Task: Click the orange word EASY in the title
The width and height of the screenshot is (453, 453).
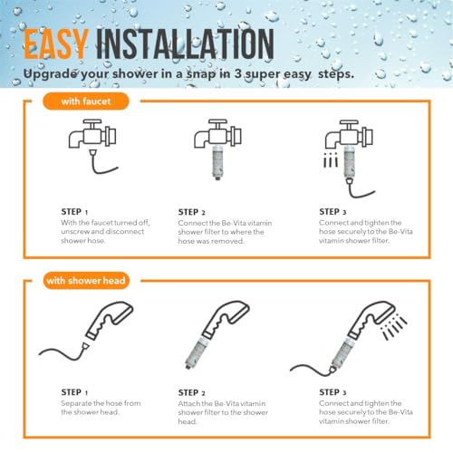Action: pyautogui.click(x=56, y=44)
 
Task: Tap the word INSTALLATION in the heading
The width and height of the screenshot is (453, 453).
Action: pyautogui.click(x=185, y=44)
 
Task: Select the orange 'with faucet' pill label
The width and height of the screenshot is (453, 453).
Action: pyautogui.click(x=86, y=101)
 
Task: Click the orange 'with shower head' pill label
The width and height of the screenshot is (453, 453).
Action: pyautogui.click(x=86, y=281)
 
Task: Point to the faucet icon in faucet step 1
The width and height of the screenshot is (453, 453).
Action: pyautogui.click(x=92, y=134)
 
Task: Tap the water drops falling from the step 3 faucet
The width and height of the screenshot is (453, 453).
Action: pyautogui.click(x=331, y=160)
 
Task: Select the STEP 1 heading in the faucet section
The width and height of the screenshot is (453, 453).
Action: pyautogui.click(x=74, y=212)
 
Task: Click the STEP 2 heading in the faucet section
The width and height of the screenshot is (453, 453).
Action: pyautogui.click(x=192, y=212)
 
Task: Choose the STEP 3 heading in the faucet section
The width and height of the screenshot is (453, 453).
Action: pyautogui.click(x=333, y=212)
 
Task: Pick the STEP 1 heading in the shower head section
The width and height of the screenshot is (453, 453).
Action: pyautogui.click(x=74, y=392)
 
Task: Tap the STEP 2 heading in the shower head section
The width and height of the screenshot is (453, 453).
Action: pyautogui.click(x=192, y=393)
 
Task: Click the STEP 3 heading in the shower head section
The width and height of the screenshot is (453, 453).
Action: pyautogui.click(x=333, y=392)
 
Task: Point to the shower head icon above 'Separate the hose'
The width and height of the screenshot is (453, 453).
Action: pyautogui.click(x=110, y=321)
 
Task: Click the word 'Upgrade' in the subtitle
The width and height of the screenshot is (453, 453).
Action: pyautogui.click(x=50, y=74)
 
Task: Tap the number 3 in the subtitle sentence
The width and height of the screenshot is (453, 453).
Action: pyautogui.click(x=238, y=73)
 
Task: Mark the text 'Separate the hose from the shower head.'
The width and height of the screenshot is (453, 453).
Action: pyautogui.click(x=101, y=408)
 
